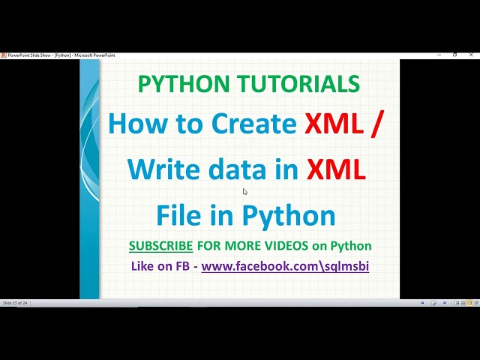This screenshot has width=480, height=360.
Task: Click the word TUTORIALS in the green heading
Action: coord(299,84)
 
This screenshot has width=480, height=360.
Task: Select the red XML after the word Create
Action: coord(332,123)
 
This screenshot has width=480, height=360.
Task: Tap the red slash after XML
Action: coord(376,123)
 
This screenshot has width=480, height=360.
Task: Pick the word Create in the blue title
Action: coord(253,123)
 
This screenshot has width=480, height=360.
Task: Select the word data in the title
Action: coord(231,169)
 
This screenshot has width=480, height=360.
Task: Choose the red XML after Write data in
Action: coord(336,169)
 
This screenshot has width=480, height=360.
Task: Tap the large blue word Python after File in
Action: coord(290,215)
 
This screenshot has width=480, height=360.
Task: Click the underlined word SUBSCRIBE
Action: coord(160,246)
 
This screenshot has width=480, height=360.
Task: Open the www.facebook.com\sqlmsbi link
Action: coord(285,265)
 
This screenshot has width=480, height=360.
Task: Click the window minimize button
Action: coord(437,55)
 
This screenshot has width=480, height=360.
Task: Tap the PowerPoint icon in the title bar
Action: coord(4,55)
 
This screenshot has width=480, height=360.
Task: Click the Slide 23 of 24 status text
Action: coord(16,303)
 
